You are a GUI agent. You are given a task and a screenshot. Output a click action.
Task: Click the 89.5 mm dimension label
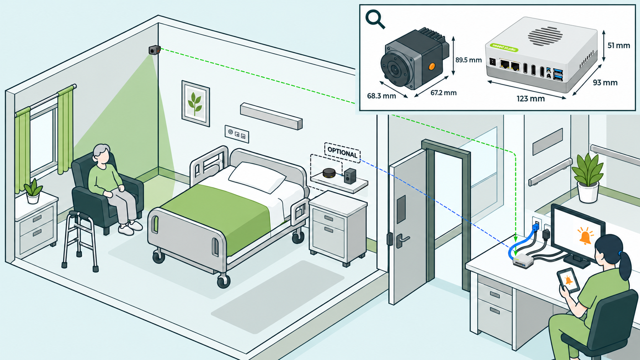(468, 60)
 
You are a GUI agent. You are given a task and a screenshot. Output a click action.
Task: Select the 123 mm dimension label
(530, 99)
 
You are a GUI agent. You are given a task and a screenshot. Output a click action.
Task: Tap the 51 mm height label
(619, 46)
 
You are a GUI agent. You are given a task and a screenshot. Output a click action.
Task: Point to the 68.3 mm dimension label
(381, 96)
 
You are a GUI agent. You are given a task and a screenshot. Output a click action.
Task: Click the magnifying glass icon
(375, 19)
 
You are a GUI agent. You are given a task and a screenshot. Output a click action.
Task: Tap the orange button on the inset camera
(431, 67)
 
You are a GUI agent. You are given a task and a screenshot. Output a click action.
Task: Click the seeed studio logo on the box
(504, 48)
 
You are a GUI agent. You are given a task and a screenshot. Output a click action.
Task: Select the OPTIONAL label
(342, 152)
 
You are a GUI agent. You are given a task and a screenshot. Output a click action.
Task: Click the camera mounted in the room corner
(155, 50)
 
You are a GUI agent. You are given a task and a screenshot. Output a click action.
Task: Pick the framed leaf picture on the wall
(196, 103)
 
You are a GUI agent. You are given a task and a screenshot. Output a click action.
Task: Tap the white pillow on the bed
(257, 176)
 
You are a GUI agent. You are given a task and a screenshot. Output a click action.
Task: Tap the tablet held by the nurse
(568, 280)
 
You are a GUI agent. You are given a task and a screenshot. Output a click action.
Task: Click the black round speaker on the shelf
(329, 173)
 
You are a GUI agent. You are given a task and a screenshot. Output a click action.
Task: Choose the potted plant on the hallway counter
(588, 178)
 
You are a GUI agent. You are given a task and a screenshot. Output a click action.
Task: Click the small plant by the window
(33, 191)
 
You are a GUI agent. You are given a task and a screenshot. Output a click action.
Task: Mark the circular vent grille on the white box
(545, 36)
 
